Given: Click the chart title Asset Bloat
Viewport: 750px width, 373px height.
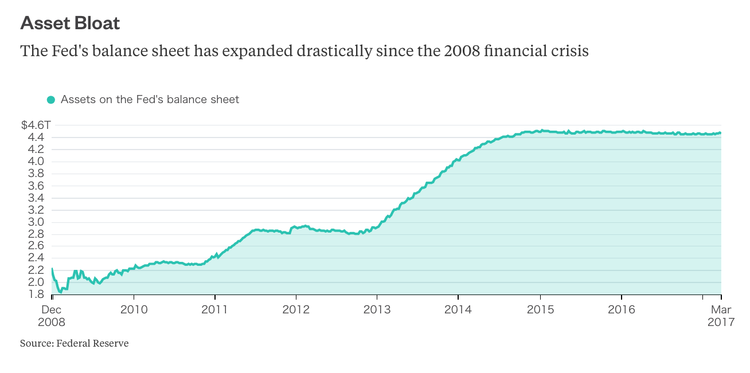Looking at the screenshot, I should click(70, 23).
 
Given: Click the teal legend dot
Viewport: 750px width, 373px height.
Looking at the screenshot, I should click(51, 100).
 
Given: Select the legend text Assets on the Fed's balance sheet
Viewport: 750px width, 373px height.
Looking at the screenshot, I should click(150, 100).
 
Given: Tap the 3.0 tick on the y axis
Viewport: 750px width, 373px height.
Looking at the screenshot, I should click(36, 222).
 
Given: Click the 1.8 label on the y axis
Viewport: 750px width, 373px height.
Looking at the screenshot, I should click(36, 295).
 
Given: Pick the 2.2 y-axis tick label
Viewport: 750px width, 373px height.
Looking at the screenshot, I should click(36, 270).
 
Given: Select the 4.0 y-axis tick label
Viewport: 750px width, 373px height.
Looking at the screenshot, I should click(36, 161).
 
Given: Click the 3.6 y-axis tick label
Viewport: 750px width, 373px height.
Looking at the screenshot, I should click(36, 186).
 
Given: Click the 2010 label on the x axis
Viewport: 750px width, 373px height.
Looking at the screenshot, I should click(134, 310).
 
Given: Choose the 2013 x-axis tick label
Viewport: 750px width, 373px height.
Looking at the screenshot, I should click(377, 310).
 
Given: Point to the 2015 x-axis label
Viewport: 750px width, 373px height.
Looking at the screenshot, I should click(540, 310).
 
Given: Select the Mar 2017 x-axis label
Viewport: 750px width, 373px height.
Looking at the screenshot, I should click(721, 316).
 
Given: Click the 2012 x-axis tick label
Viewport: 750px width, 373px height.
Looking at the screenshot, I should click(296, 310).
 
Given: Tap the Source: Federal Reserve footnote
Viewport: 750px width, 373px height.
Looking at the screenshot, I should click(74, 344).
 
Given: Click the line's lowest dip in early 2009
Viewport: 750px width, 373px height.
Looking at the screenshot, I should click(60, 293).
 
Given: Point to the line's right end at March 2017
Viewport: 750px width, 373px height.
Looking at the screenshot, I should click(721, 132).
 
